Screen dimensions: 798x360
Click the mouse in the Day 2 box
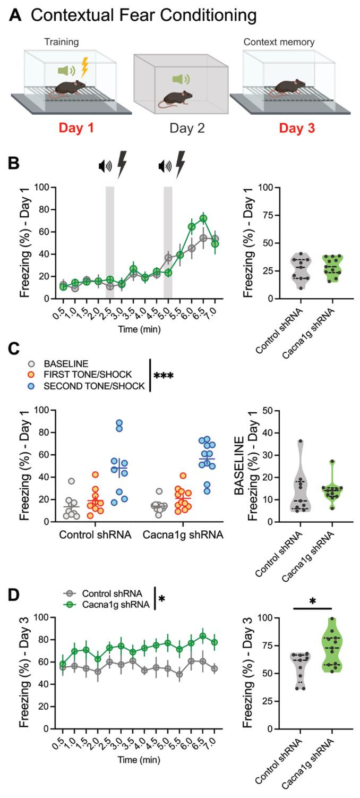tap(175, 97)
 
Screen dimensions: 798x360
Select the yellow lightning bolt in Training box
tap(84, 67)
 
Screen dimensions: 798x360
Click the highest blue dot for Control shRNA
tap(119, 423)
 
